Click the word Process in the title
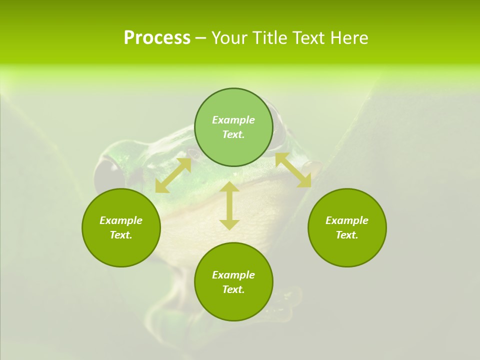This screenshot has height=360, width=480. point(157,38)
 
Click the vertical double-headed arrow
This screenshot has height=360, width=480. point(229,205)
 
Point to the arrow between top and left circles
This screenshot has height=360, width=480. point(173,175)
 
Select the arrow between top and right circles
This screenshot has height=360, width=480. point(293,170)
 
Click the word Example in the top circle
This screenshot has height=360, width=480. point(233,120)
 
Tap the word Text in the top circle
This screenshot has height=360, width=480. point(233,134)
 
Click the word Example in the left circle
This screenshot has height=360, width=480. point(121,220)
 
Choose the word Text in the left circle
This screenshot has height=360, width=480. point(121,235)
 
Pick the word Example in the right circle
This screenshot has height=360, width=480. point(347,220)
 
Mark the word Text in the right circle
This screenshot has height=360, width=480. point(347,235)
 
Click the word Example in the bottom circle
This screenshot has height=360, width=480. point(233,275)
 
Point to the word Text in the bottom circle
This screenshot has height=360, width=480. point(233,289)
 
